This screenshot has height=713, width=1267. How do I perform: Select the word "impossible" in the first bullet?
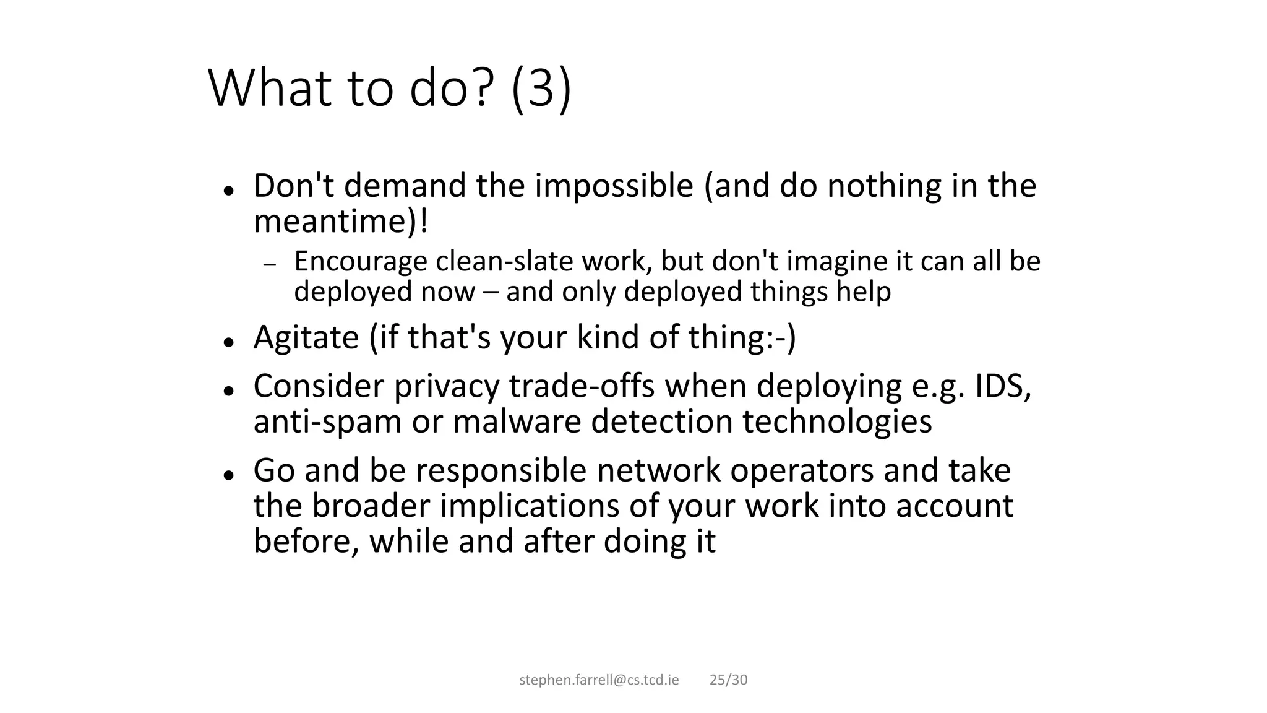pyautogui.click(x=614, y=186)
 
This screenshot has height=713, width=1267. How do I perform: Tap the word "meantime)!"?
pyautogui.click(x=341, y=222)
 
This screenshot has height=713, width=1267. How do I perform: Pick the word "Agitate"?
pyautogui.click(x=306, y=338)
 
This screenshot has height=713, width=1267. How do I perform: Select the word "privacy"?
pyautogui.click(x=446, y=386)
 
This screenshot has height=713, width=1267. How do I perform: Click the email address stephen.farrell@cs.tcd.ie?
pyautogui.click(x=599, y=680)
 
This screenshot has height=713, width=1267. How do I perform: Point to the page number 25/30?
pyautogui.click(x=728, y=680)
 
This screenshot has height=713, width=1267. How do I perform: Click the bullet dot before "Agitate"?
pyautogui.click(x=228, y=341)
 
